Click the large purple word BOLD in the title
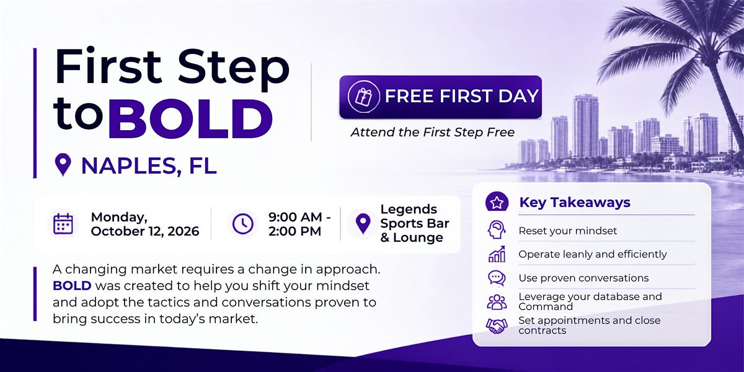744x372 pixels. (190, 119)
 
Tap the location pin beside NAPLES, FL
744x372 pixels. (63, 164)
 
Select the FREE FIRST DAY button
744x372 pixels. (440, 97)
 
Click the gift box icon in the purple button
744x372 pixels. (363, 96)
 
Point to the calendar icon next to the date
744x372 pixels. (63, 224)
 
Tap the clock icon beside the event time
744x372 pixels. (243, 224)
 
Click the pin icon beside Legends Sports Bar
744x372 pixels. (363, 223)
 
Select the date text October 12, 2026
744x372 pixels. (145, 231)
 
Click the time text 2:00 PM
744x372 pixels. (294, 231)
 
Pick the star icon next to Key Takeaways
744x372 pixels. (497, 202)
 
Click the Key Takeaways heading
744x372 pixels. (575, 202)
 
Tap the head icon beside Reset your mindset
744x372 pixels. (497, 230)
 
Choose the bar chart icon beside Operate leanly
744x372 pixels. (497, 254)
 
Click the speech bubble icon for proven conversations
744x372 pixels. (497, 278)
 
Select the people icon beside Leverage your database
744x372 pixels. (497, 302)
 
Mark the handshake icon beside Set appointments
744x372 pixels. (497, 326)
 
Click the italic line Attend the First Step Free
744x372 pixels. (433, 133)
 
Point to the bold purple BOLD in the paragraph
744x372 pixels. (72, 286)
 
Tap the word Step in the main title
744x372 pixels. (234, 68)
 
